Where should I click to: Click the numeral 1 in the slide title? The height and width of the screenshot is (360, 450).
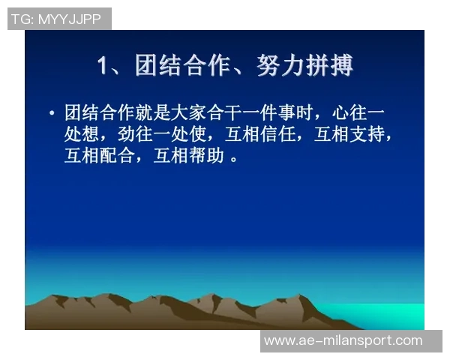(103, 66)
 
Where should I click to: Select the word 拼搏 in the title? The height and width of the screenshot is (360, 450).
(328, 66)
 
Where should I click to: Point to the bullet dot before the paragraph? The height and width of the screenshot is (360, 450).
(51, 113)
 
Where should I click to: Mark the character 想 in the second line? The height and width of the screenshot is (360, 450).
(100, 135)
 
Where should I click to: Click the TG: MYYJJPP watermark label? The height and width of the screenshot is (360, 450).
(56, 19)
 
